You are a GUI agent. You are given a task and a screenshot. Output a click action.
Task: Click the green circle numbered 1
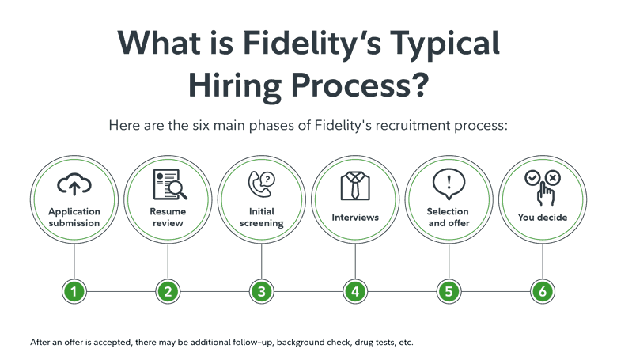pos(74,291)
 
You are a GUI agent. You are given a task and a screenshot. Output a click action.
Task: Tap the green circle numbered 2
pos(168,291)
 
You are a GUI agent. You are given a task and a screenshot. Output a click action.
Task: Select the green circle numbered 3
pos(261,291)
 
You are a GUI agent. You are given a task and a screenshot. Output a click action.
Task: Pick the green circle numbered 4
pos(355,291)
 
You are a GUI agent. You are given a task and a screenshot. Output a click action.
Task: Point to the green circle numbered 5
pos(449,291)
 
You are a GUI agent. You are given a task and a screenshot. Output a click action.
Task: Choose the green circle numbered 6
pos(542,291)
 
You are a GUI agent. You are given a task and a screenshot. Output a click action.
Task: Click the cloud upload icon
pos(74,184)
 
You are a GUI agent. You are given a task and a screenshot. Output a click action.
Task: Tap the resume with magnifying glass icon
pos(170,184)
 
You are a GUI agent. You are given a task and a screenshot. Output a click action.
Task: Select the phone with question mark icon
pos(261,184)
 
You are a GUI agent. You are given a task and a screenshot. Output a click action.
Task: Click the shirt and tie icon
pos(355,185)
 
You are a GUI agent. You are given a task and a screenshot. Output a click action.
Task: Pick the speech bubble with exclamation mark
pos(449,184)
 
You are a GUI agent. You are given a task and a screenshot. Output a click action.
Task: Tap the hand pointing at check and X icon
pos(543,188)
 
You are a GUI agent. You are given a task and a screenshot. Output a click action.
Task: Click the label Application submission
pos(74,217)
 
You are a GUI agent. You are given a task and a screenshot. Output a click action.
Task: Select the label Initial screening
pos(261,217)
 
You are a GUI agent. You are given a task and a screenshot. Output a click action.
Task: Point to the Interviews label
pos(355,217)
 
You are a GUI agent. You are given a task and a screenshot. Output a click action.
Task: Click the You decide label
pos(542,217)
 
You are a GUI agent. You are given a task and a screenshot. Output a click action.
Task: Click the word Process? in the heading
pos(360,85)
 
